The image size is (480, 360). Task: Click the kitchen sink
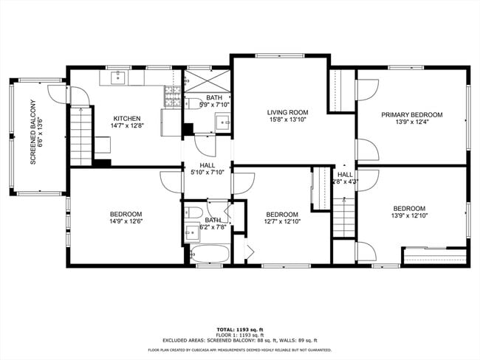pos(119,77)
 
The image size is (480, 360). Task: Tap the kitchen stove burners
pos(171,91)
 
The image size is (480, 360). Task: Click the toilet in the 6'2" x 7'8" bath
pos(193,213)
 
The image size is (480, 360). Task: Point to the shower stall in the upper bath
pos(208,81)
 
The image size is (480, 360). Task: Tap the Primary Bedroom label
pos(411,114)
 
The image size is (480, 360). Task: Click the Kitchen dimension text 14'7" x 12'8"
pos(127,126)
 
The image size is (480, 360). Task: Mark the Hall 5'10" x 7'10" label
pos(208,168)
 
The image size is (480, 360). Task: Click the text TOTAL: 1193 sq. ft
pos(239,329)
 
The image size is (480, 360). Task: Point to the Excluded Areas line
pos(239,340)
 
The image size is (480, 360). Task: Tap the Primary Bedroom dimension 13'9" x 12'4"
pos(411,122)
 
